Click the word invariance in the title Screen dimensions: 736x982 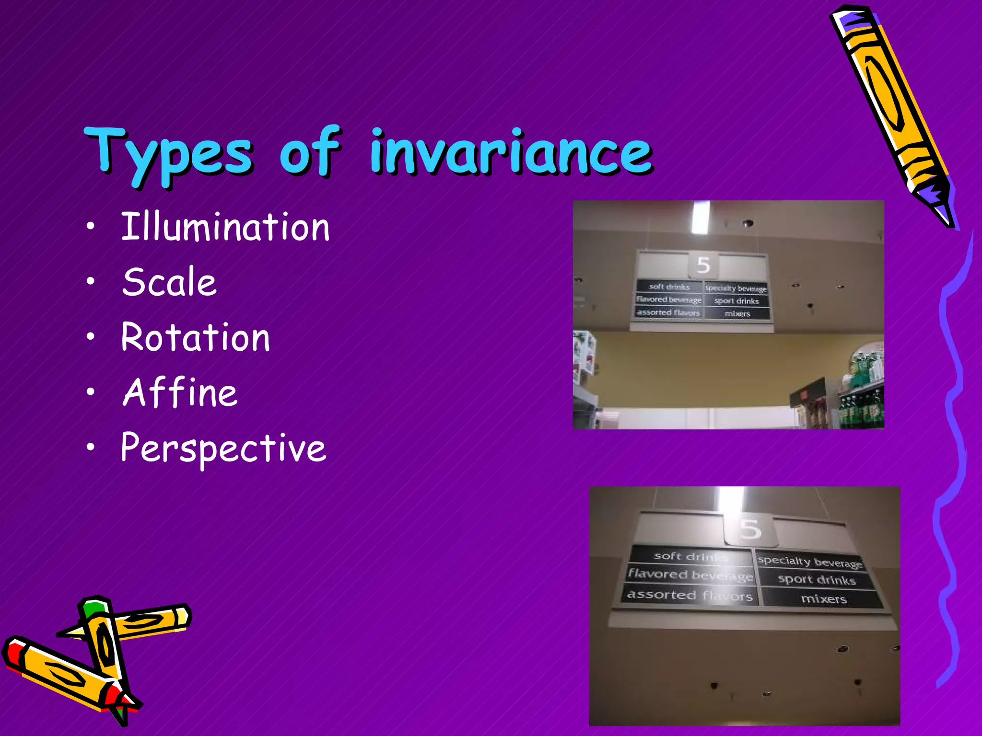click(x=511, y=152)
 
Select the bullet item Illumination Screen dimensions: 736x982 click(x=225, y=227)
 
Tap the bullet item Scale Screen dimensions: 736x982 click(x=169, y=282)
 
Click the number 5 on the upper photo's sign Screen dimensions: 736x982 click(x=703, y=265)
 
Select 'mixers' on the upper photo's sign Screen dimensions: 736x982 click(x=737, y=314)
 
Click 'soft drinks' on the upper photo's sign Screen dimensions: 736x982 click(x=669, y=287)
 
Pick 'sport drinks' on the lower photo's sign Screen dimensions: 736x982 click(x=817, y=580)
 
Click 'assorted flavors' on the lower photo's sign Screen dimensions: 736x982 click(x=690, y=595)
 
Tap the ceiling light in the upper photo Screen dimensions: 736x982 click(x=701, y=217)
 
